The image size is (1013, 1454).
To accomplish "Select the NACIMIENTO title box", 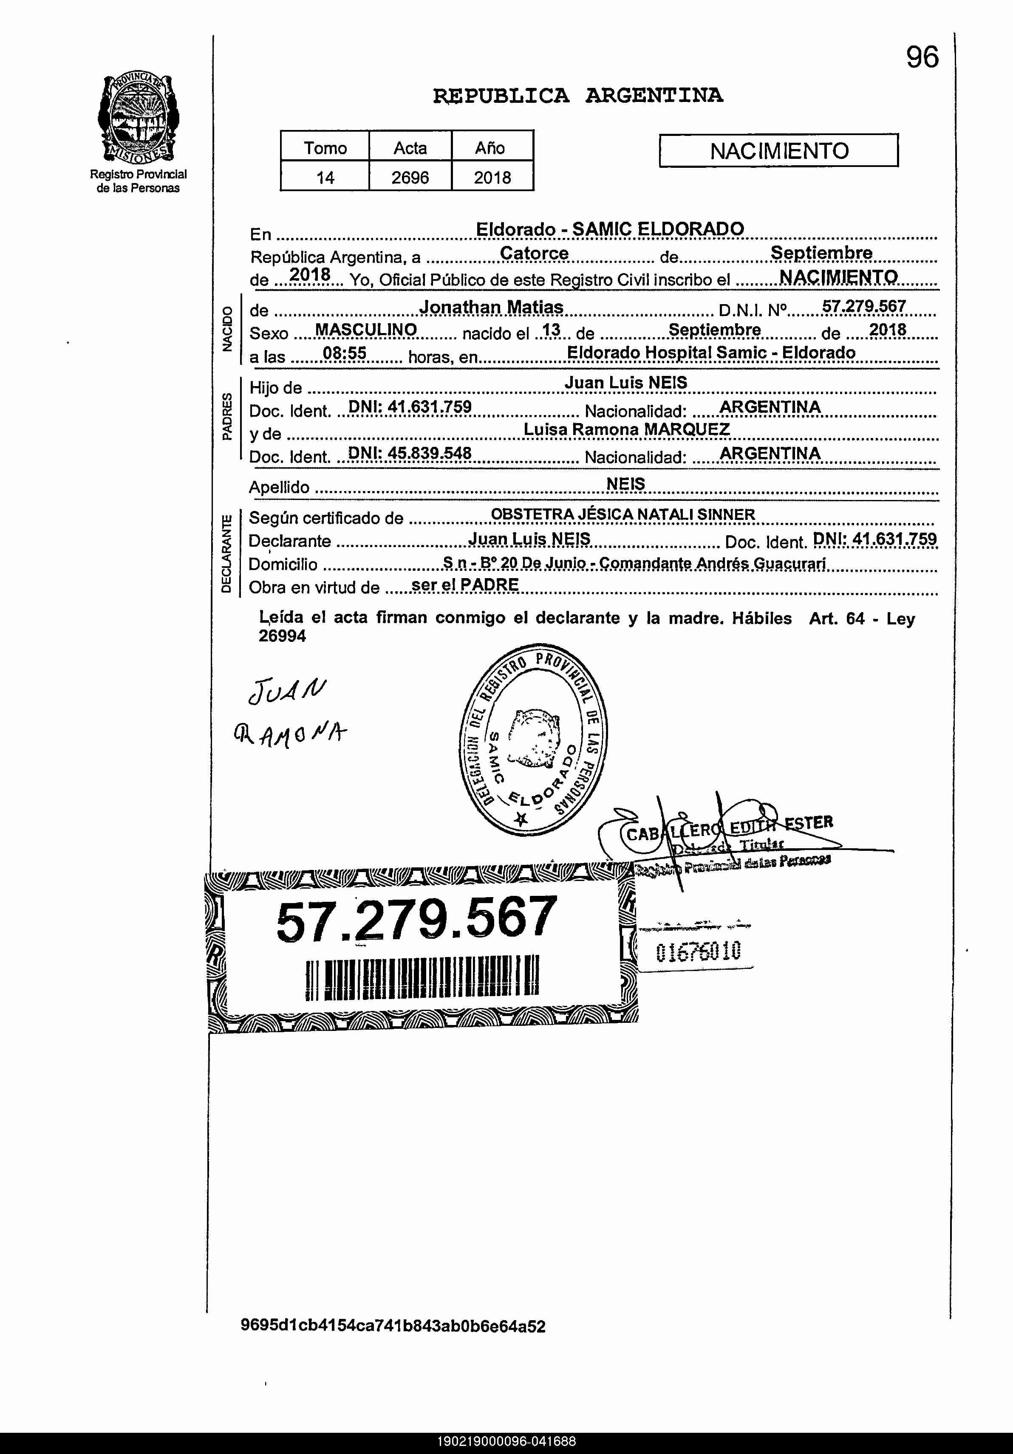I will coord(778,151).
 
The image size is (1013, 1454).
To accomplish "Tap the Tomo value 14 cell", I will coord(325,177).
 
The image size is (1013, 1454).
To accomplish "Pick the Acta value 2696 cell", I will coord(410,177).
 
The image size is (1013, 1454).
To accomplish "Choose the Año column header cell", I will coord(492,147).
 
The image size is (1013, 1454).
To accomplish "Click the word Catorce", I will coord(534,253).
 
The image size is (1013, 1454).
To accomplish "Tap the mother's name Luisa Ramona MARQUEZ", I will coord(627,429).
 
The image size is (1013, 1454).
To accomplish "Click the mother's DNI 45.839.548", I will coord(410,453).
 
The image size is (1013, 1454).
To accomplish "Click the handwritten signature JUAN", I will coord(288,692).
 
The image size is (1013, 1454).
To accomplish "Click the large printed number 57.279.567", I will coord(417,919).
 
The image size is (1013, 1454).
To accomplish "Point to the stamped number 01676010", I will coord(698,951).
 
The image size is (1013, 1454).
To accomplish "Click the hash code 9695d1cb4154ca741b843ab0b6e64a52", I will coord(393,1326).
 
